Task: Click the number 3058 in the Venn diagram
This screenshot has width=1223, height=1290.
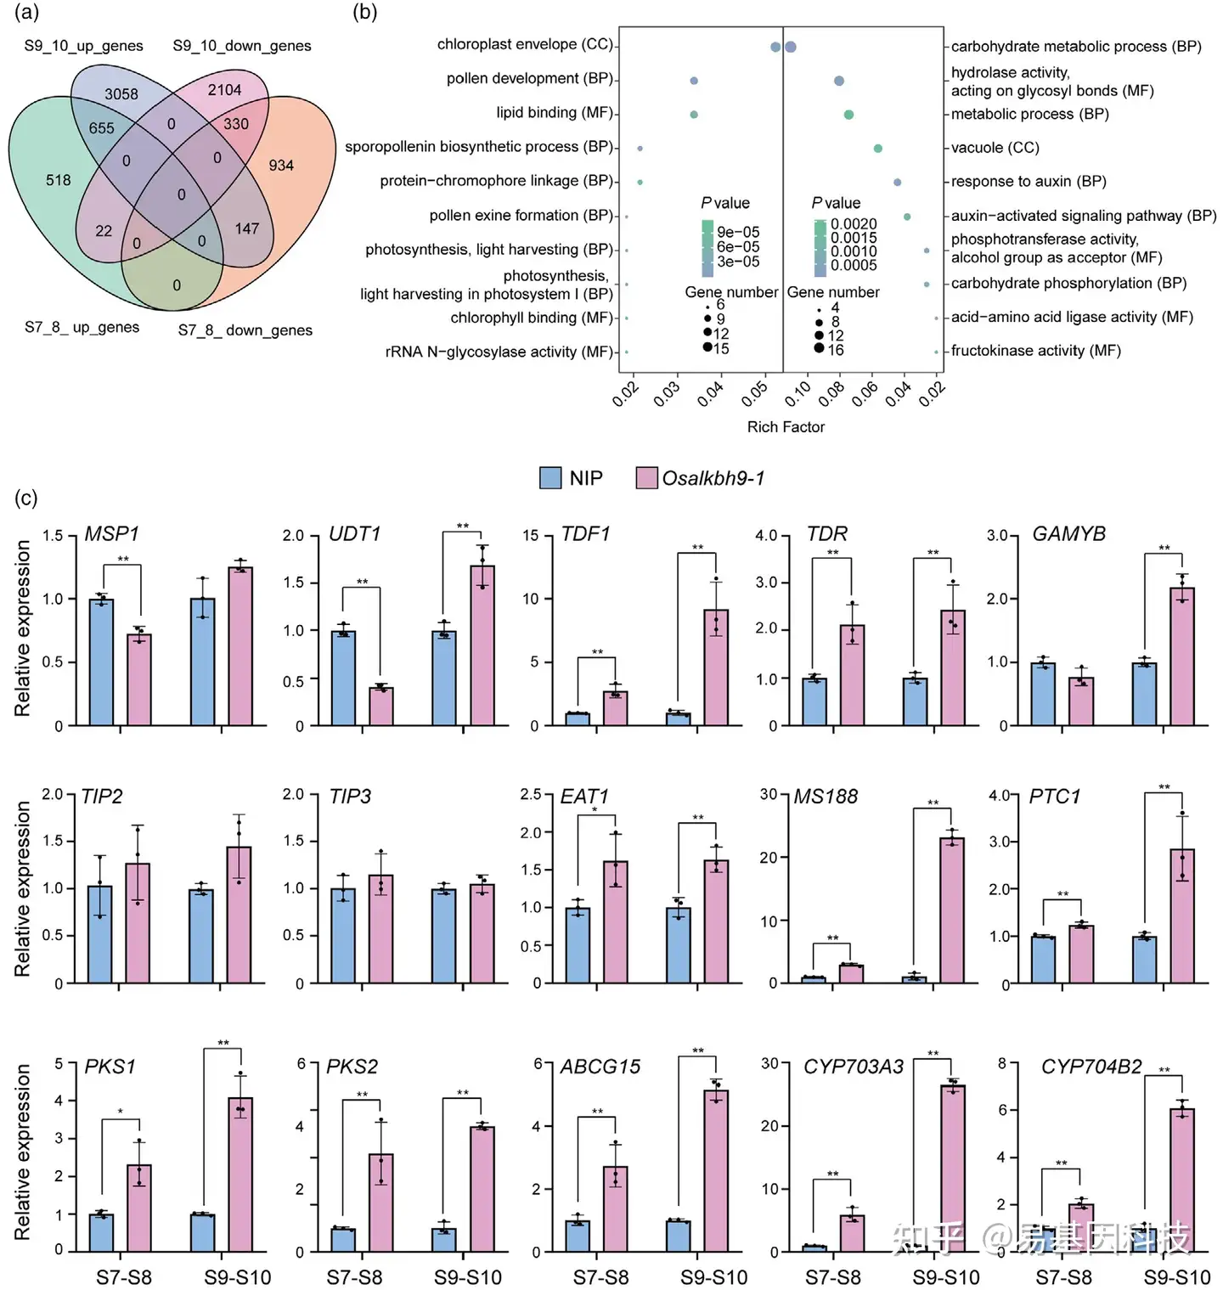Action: point(121,94)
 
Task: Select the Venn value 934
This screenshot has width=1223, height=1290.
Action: point(281,165)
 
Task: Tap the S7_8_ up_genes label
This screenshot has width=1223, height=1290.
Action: point(82,327)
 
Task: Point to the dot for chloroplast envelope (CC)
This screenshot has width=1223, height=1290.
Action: point(775,47)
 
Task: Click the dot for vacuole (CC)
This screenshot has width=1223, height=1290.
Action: point(878,149)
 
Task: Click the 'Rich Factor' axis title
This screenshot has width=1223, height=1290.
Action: point(786,426)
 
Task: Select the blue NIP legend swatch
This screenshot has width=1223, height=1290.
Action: point(550,478)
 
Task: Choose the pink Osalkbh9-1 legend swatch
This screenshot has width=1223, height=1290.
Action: point(646,478)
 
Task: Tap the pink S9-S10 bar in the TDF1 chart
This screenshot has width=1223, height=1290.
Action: point(716,668)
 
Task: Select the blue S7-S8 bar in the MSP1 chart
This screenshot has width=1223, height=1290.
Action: point(101,662)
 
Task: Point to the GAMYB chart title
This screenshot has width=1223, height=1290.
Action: point(1068,533)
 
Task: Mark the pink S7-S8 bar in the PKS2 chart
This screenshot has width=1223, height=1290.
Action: point(380,1203)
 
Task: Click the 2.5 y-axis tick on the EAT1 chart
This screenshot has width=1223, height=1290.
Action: point(531,794)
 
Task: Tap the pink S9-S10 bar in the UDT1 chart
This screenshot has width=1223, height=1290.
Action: point(482,645)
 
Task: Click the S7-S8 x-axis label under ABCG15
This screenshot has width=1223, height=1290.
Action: point(600,1277)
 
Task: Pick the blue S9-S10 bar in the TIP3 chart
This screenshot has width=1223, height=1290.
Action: point(443,936)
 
